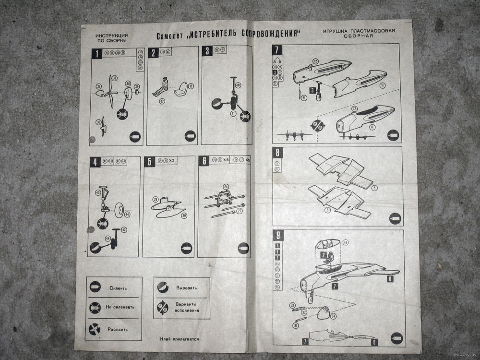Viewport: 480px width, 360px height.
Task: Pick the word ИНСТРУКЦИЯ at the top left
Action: tap(111, 36)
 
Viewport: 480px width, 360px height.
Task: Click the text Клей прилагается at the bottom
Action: tap(180, 339)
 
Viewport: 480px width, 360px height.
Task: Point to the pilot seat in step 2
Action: tap(181, 88)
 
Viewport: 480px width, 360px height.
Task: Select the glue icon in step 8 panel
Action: tap(395, 219)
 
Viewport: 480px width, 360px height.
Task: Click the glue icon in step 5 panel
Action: tap(186, 249)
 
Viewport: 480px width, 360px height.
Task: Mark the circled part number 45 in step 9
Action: tap(346, 242)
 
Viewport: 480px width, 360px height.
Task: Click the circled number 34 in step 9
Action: tap(333, 316)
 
